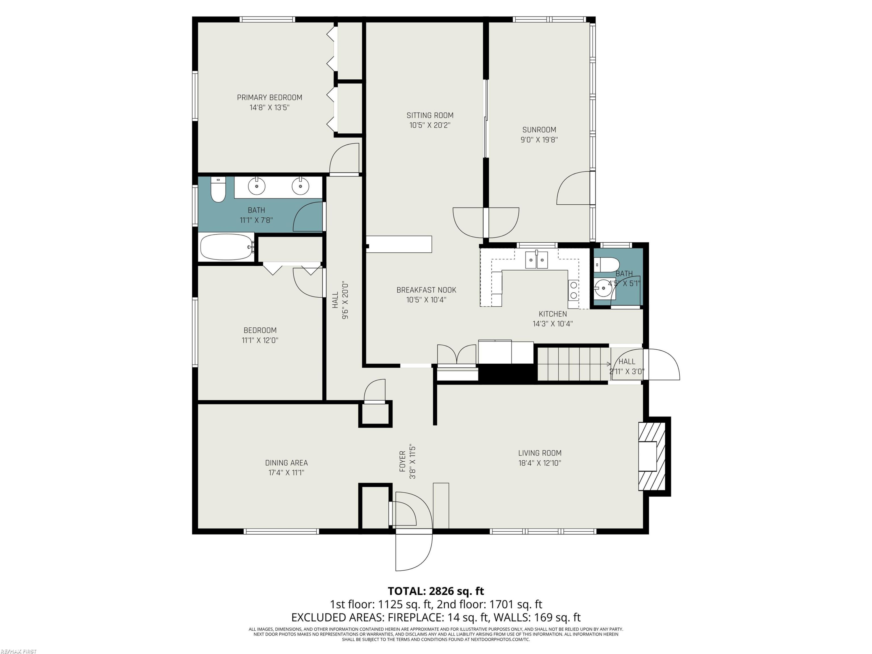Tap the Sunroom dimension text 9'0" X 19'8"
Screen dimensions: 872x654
[x=539, y=140]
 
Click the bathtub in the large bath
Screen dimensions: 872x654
[x=227, y=247]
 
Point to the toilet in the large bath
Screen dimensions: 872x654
[x=218, y=189]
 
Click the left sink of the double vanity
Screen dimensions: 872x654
[x=257, y=186]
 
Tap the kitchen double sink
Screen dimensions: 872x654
[x=537, y=260]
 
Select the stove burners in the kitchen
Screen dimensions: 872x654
[x=573, y=290]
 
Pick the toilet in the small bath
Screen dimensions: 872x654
[x=607, y=265]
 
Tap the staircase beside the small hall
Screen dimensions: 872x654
[x=574, y=364]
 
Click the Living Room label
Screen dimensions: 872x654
[x=540, y=453]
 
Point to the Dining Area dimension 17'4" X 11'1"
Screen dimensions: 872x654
[x=286, y=473]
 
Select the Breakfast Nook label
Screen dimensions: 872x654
[x=426, y=290]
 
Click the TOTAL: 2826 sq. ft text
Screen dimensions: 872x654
[x=436, y=591]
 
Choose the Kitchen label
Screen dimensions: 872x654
[x=553, y=314]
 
